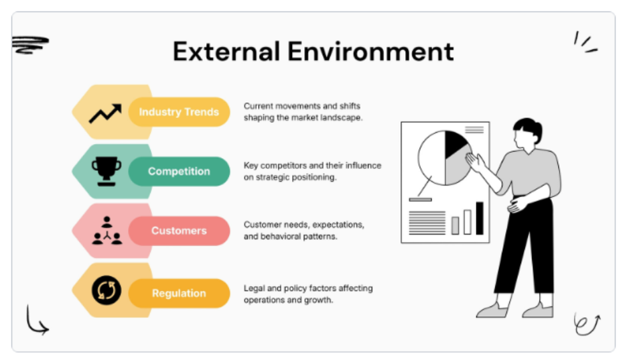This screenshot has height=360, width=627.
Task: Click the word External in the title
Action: coord(226,52)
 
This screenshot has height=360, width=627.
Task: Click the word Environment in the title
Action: coord(370,52)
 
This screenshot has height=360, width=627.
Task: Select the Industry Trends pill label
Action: coord(179,112)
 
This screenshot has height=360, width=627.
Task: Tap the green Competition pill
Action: coord(179,171)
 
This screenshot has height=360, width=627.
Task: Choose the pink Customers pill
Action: coord(179,231)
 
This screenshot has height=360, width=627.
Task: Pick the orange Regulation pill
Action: coord(179,293)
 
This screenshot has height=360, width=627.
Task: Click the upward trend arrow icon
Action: coord(105,113)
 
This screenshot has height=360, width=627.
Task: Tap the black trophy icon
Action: coord(107,171)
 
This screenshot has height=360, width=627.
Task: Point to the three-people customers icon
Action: coord(107,231)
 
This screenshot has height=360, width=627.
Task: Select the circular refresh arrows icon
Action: coord(107,290)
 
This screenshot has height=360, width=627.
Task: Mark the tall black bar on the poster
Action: coord(480,219)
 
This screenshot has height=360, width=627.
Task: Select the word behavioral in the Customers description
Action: coord(281,237)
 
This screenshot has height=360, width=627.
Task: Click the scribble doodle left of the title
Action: coord(30,45)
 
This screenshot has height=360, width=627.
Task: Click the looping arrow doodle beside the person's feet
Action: coord(587,324)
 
